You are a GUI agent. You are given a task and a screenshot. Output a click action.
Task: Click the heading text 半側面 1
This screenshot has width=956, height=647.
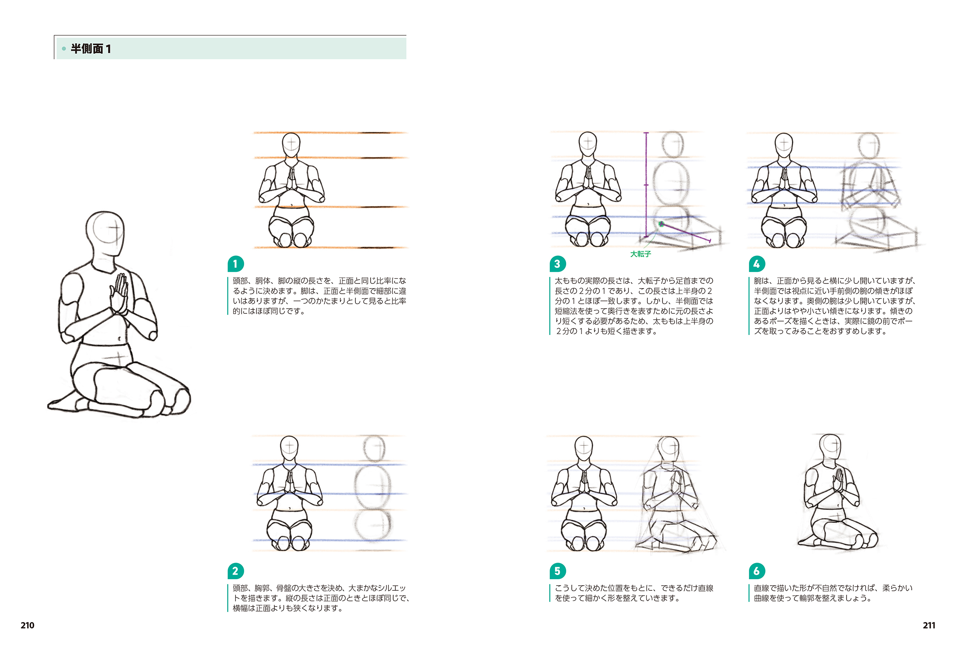(91, 49)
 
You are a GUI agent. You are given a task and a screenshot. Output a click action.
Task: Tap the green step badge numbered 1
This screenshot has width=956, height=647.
(236, 264)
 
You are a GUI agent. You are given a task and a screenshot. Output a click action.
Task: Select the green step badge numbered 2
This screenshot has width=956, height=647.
(236, 571)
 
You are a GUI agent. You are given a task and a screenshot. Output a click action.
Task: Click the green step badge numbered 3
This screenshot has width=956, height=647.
(558, 264)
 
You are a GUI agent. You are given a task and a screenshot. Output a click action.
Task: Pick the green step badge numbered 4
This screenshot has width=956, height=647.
(757, 264)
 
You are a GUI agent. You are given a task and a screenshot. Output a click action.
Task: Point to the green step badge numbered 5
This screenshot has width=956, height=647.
(558, 571)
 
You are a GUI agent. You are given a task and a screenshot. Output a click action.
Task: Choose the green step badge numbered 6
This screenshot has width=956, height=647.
(757, 571)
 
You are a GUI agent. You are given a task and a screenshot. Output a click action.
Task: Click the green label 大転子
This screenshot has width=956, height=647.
(640, 254)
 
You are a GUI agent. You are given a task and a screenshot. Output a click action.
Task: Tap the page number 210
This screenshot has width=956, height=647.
(27, 625)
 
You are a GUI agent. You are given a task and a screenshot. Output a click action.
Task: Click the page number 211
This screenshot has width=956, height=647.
(929, 625)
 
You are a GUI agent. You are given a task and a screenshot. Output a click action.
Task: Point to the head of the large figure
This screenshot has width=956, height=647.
(105, 234)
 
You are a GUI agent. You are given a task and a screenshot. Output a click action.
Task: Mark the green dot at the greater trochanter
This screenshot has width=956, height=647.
(661, 224)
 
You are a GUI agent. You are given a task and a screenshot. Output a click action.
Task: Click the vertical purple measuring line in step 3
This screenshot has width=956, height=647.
(646, 185)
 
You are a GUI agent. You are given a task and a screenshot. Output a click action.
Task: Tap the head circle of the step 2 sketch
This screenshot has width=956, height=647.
(374, 448)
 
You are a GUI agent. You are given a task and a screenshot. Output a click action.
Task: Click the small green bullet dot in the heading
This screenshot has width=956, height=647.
(64, 49)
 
